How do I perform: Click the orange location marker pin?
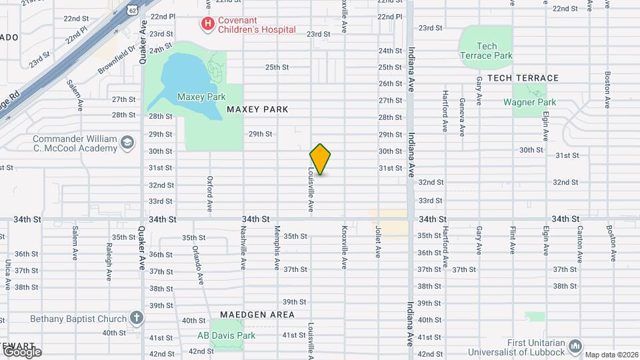point(320,159)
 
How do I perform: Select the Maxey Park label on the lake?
point(192,97)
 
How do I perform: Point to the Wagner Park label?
point(529,102)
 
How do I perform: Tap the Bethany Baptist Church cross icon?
point(137,318)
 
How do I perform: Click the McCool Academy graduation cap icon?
point(125,142)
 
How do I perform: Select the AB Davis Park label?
point(226,335)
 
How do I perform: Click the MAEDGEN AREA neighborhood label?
point(257,314)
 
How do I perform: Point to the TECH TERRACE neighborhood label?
point(522,78)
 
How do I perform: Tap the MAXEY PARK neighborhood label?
point(257,109)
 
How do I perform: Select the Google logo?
point(22,351)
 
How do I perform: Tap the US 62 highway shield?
point(134,9)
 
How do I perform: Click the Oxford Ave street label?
point(209,193)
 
